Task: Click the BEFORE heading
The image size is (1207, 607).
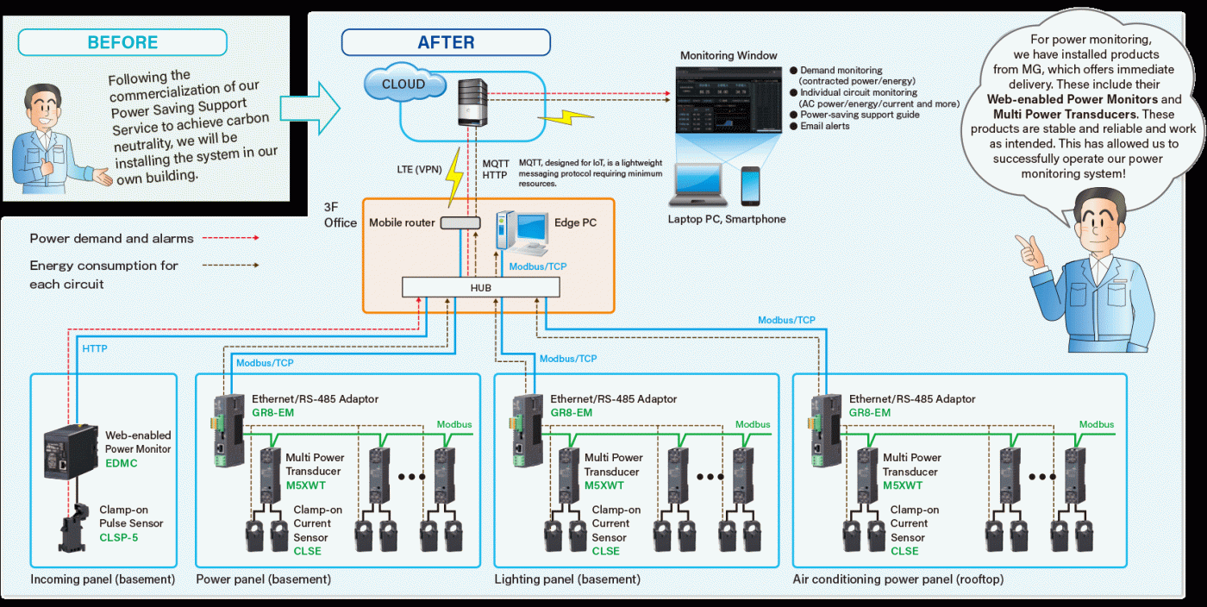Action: [x=122, y=42]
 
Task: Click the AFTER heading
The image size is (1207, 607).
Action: [x=447, y=42]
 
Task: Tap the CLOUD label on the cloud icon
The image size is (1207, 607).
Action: [x=403, y=84]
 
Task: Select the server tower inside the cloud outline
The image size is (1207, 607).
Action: [x=472, y=103]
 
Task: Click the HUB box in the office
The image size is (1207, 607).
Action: [x=481, y=287]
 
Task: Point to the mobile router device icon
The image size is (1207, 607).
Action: [x=460, y=222]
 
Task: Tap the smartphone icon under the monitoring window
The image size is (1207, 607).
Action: [x=750, y=186]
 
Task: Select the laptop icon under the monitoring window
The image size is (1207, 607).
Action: [x=697, y=185]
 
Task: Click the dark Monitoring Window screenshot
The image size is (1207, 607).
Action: [x=729, y=100]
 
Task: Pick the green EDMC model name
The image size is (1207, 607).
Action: [x=122, y=463]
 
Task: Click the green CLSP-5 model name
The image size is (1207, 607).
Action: [x=119, y=537]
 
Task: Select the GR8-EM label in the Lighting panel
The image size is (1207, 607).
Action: [x=571, y=413]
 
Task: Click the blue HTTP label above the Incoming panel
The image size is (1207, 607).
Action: [x=95, y=349]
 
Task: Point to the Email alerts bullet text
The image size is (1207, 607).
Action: [x=824, y=126]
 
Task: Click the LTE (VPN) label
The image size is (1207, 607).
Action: [x=419, y=169]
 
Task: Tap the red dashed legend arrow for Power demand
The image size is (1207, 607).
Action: [x=231, y=238]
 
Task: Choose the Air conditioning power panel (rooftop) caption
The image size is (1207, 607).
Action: [x=898, y=579]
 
